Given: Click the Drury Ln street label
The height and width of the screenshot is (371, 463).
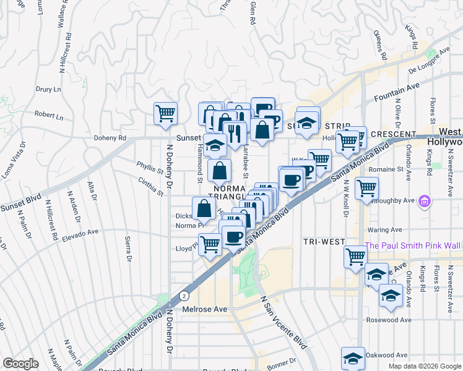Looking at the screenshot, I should [48, 89].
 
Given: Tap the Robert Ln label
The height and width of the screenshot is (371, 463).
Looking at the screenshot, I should [49, 116].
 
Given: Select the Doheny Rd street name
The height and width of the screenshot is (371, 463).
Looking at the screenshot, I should [108, 138].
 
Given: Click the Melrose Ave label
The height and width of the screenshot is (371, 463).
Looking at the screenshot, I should [205, 309].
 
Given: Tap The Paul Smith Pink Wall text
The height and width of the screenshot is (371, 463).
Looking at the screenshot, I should [413, 245].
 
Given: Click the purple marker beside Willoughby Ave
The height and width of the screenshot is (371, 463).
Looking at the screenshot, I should [425, 201].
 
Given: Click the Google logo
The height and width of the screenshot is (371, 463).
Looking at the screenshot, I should [21, 364].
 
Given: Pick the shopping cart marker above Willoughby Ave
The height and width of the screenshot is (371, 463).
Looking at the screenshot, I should [367, 186].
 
